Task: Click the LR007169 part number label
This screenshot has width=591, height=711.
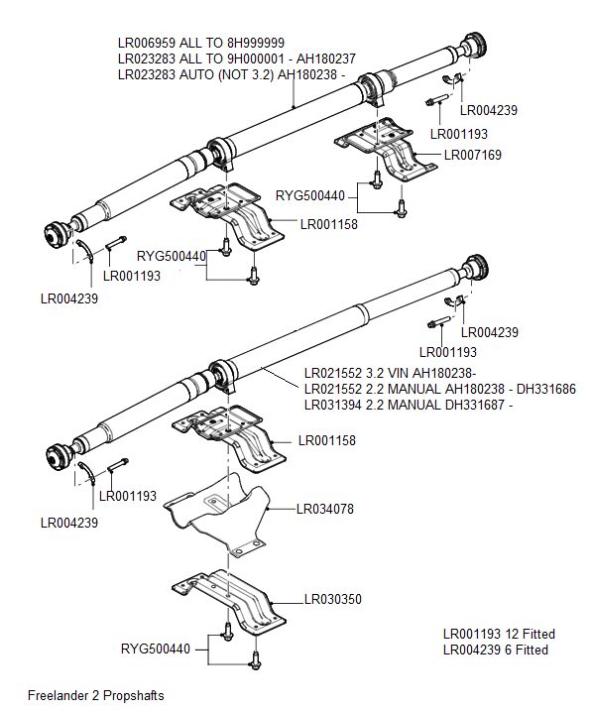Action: (472, 155)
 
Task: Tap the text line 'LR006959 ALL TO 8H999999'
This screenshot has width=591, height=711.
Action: (201, 43)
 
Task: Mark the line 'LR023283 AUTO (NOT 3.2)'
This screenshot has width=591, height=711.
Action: (231, 74)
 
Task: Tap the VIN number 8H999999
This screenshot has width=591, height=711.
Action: (253, 43)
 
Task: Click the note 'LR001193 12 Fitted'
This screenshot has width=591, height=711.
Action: (498, 634)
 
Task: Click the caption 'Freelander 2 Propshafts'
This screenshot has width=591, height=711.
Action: (95, 695)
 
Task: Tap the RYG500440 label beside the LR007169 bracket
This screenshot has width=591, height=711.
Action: (309, 196)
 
